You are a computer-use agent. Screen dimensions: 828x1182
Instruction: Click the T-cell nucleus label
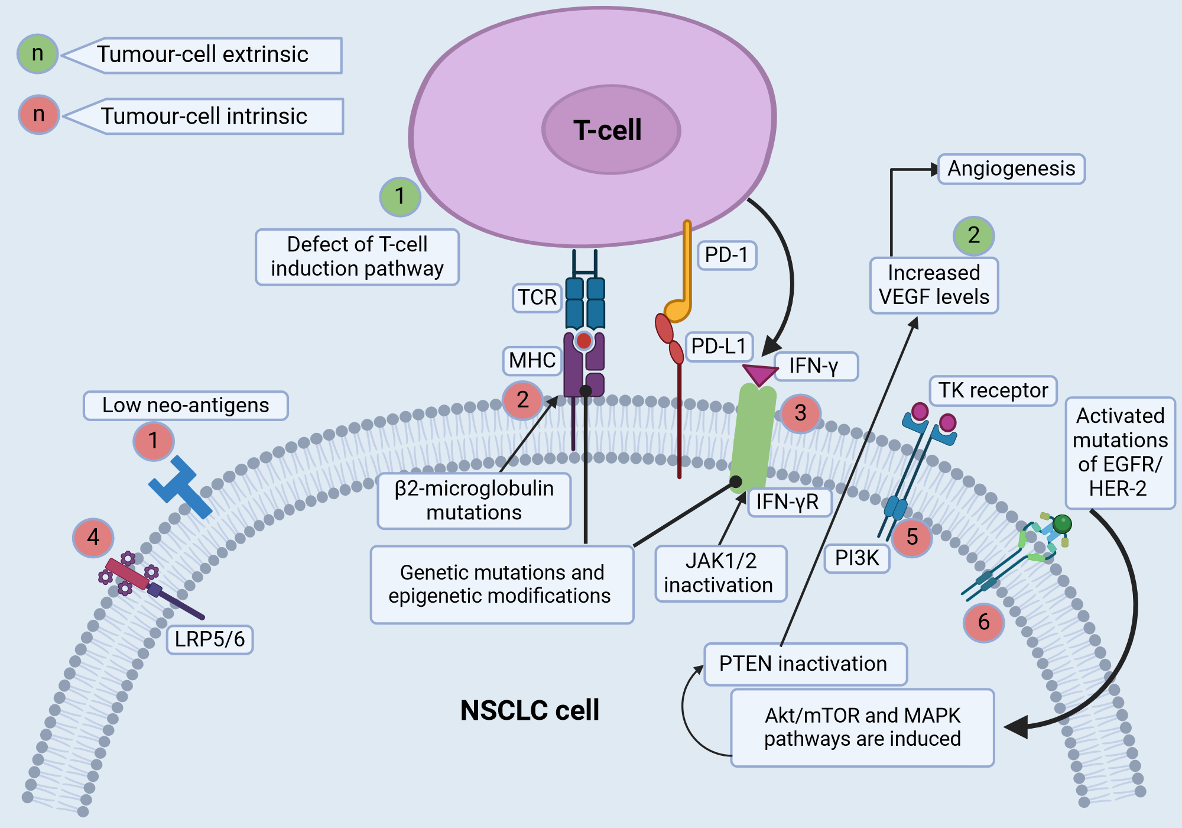pos(608,131)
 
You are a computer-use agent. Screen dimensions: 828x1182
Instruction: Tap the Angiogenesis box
pos(1011,169)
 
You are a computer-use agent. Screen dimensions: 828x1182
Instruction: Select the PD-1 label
pos(726,255)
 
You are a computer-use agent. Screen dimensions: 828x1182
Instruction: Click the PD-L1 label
pos(718,347)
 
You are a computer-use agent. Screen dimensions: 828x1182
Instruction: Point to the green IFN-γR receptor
pos(752,438)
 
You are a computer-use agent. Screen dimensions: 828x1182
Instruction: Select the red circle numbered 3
pos(800,413)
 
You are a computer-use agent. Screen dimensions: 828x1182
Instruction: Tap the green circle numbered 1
pos(400,196)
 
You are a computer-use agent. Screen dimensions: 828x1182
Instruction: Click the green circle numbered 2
pos(973,236)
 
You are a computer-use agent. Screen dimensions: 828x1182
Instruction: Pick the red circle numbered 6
pos(983,622)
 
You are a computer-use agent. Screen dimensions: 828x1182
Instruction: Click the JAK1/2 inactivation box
pos(720,573)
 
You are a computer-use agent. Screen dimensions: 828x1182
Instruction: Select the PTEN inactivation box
pos(804,664)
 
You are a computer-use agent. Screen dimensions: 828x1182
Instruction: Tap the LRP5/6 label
pos(210,639)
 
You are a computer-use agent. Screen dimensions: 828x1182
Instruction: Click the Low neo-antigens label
pos(186,406)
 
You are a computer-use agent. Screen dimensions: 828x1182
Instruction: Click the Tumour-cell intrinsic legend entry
pos(204,117)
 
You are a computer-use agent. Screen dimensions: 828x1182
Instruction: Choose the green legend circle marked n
pos(38,54)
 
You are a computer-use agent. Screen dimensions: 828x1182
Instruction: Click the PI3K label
pos(857,558)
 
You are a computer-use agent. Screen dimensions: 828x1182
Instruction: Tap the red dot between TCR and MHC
pos(584,341)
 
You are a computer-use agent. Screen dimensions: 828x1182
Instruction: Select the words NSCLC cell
pos(530,710)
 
